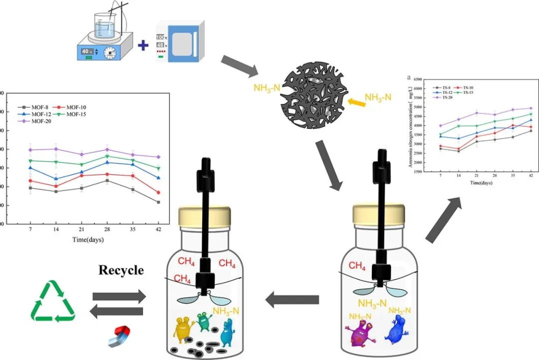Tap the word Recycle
point(121,270)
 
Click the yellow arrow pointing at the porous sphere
point(355,102)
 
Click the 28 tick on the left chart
point(106,229)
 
